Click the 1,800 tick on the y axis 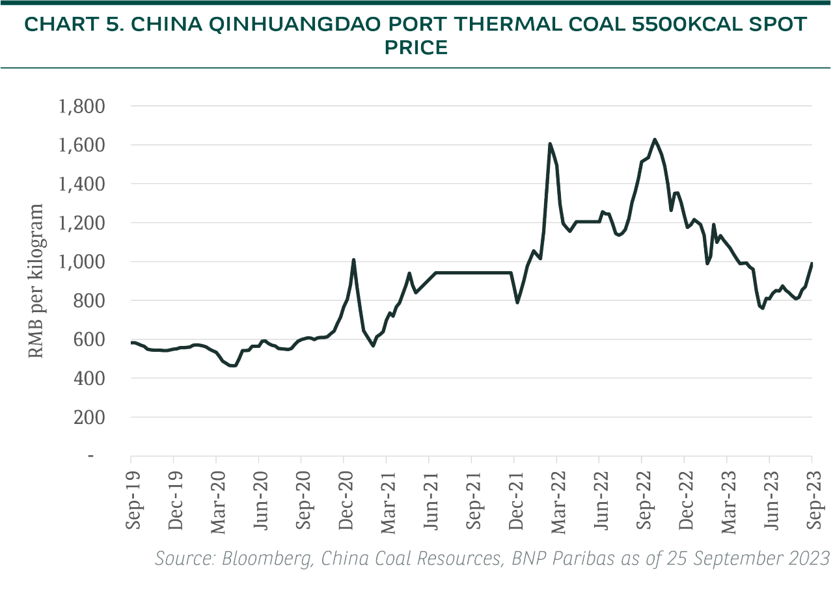click(x=82, y=106)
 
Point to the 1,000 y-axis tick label click(x=82, y=262)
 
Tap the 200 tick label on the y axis click(x=90, y=417)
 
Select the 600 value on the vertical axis click(x=90, y=339)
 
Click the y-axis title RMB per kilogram click(x=38, y=281)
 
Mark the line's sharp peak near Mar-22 click(x=550, y=144)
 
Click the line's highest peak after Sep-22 click(x=654, y=139)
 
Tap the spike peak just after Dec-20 click(x=353, y=260)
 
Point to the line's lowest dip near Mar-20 click(x=232, y=365)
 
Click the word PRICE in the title click(x=416, y=48)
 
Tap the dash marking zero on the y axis click(x=91, y=456)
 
